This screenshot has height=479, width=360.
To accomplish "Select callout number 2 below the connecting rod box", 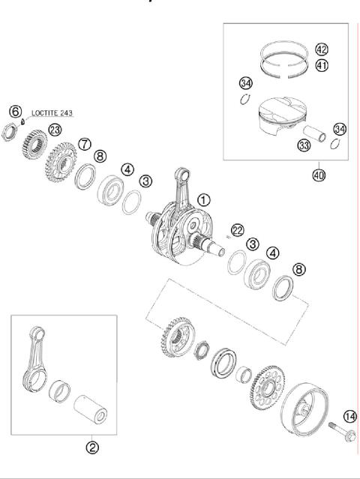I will [x=91, y=448].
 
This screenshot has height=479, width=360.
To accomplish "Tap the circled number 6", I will [x=15, y=111].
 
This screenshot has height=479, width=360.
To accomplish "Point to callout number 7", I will [x=85, y=143].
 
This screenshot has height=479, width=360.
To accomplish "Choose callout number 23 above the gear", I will [x=55, y=129].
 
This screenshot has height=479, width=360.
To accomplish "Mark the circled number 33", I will [x=304, y=145].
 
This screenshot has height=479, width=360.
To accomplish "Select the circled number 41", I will [x=322, y=65].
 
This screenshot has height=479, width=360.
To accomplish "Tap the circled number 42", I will [x=322, y=49].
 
